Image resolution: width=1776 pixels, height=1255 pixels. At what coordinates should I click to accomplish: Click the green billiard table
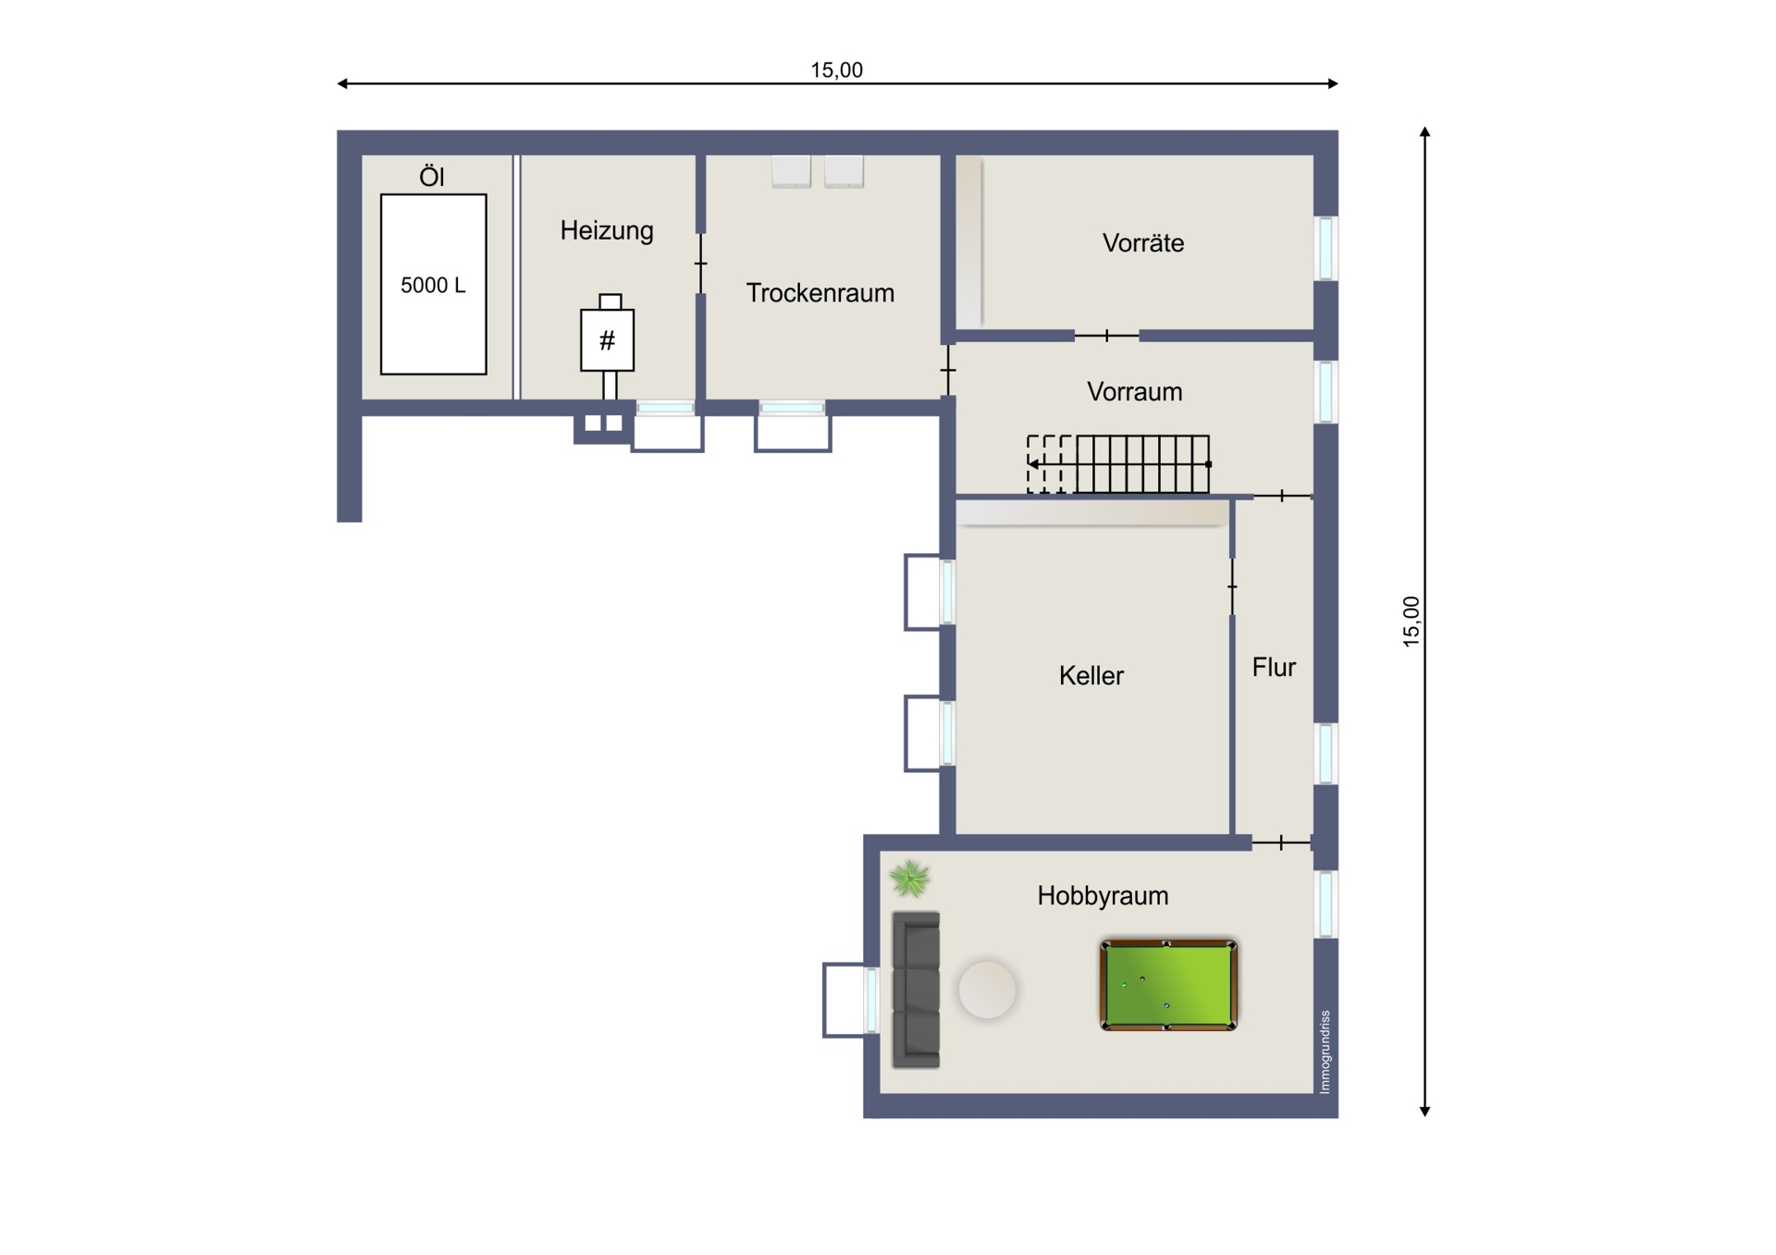(1168, 985)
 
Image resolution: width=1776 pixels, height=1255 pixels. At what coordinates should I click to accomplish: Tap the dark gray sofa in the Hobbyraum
(916, 990)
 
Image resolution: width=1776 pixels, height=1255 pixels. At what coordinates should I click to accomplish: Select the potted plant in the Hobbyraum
(909, 879)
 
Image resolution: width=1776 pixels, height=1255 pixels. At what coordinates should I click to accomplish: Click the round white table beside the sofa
(987, 990)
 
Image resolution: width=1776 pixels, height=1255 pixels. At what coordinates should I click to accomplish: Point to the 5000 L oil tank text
(433, 286)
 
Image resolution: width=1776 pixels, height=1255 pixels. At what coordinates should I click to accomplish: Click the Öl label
(432, 177)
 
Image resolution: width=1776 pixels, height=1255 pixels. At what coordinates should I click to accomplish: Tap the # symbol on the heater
(607, 341)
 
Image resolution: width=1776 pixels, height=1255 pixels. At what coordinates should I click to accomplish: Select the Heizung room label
(607, 230)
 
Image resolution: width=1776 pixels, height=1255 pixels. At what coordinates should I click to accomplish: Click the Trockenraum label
(820, 293)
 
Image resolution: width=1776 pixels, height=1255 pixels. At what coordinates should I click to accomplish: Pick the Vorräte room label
(1143, 243)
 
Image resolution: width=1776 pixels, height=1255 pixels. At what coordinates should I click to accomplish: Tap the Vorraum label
(1135, 392)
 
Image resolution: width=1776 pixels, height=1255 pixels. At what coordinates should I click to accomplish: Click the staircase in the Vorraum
(1118, 464)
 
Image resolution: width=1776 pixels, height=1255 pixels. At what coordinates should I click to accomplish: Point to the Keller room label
(1091, 676)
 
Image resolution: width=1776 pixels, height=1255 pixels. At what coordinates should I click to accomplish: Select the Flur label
(1274, 668)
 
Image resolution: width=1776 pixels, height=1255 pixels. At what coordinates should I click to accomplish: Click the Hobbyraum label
(1103, 896)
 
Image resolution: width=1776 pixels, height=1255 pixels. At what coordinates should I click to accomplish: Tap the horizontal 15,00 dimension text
(837, 70)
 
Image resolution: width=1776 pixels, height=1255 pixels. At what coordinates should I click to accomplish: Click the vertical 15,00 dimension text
(1411, 621)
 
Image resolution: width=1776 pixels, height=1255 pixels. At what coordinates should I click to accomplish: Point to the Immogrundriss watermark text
(1325, 1052)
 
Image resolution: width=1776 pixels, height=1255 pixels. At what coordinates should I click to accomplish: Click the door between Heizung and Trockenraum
(701, 264)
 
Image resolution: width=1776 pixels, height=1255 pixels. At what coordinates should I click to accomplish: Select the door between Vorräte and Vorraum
(1106, 335)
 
